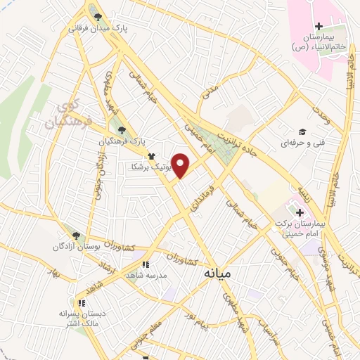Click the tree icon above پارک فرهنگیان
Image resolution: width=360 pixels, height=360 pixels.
tap(123, 130)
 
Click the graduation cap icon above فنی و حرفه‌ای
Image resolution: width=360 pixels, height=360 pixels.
tap(302, 131)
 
